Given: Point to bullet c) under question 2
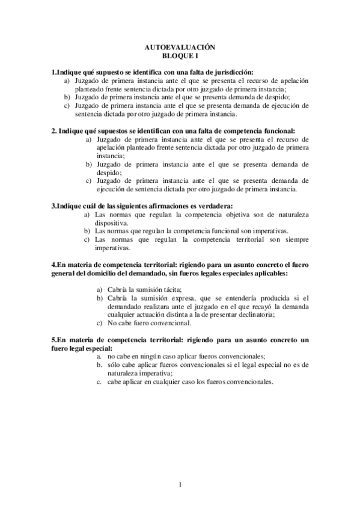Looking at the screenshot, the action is (88, 180).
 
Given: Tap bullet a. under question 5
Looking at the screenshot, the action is (99, 356).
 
